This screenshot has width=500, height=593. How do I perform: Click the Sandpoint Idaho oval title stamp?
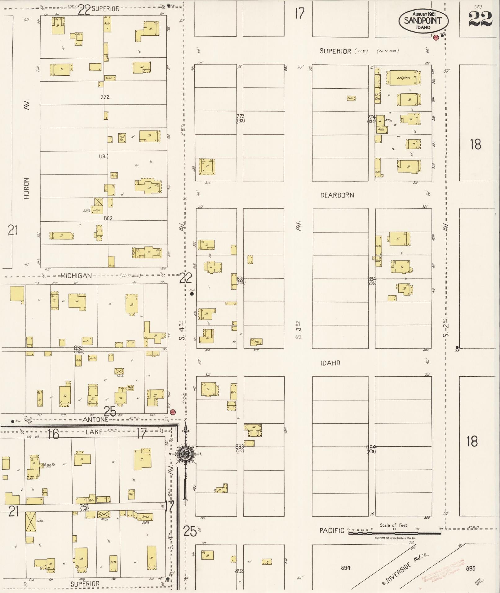(423, 20)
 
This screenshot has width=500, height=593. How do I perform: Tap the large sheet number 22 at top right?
(480, 19)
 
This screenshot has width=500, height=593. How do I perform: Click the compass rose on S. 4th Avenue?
(186, 454)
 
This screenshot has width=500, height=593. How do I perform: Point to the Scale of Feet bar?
(395, 533)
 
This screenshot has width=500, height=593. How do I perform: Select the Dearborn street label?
(337, 195)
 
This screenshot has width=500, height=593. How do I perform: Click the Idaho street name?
(330, 363)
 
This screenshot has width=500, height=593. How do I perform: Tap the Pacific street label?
(332, 530)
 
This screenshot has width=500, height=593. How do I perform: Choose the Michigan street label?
(76, 276)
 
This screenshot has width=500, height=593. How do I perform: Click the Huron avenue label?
(27, 188)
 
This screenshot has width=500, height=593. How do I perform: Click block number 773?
(240, 116)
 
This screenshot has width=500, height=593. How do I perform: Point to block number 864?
(371, 447)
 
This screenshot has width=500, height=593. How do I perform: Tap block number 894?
(346, 568)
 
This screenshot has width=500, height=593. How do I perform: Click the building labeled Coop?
(97, 210)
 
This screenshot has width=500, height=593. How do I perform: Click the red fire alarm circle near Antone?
(173, 412)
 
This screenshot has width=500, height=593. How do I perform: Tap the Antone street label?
(95, 419)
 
